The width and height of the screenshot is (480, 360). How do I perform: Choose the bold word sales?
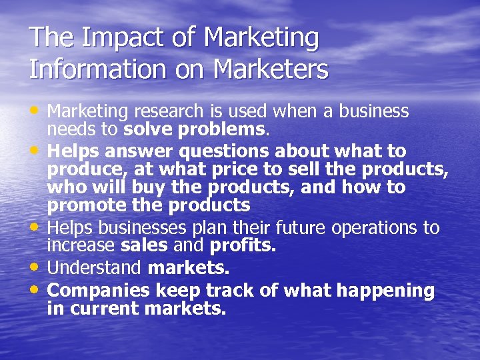point(145,246)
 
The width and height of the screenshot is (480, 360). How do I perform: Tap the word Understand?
point(95,269)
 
